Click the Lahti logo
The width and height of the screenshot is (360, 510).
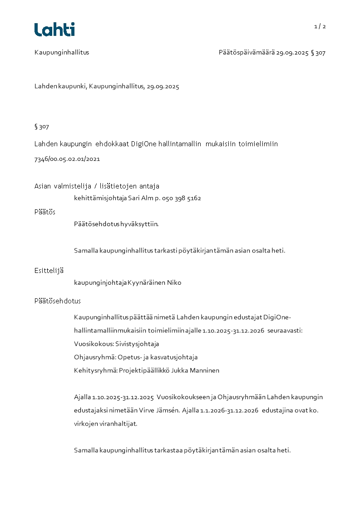[54, 30]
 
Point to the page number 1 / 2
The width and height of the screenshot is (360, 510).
[320, 26]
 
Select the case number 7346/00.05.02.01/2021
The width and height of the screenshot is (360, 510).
[67, 159]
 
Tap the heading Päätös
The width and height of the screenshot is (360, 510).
[45, 212]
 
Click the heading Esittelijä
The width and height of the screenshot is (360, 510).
[49, 271]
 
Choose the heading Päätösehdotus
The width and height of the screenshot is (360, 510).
[58, 301]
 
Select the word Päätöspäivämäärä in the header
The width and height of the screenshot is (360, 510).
[247, 52]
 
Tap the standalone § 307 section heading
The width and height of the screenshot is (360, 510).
[42, 127]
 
